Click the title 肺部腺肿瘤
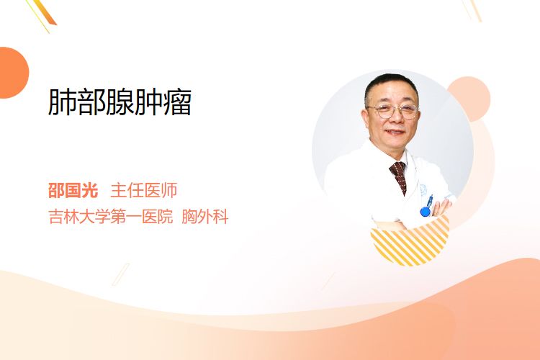tap(120, 102)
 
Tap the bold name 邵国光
tap(73, 191)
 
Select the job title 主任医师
tap(144, 191)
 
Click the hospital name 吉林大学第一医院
tap(111, 217)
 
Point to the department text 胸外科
tap(205, 217)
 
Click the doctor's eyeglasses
tap(393, 111)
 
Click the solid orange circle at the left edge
tap(13, 73)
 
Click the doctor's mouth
tap(395, 132)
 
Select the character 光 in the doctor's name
tap(90, 191)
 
